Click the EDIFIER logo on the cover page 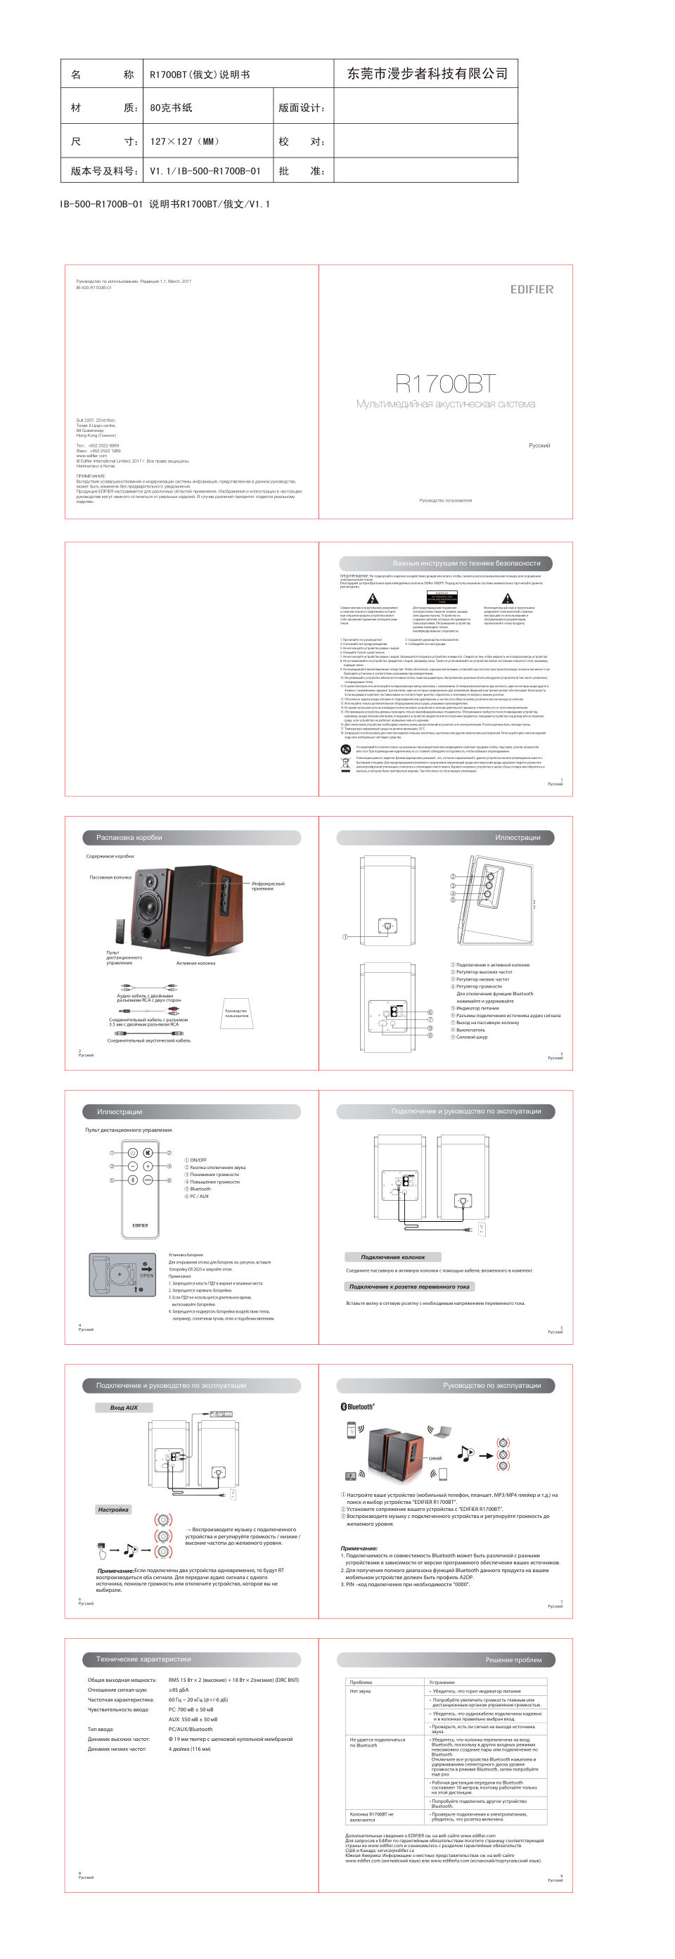[532, 289]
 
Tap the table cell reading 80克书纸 [171, 108]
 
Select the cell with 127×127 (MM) [184, 141]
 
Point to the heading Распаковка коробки [129, 837]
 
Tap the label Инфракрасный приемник [268, 886]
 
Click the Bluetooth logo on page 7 [357, 1407]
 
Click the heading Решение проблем [513, 1659]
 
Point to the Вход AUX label [124, 1408]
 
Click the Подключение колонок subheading [392, 1257]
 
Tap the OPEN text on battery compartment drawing [147, 1275]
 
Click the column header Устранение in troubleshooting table [442, 1682]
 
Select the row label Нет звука [360, 1691]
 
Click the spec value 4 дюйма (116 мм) [189, 1749]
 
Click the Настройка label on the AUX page [113, 1510]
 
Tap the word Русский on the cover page [539, 446]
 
